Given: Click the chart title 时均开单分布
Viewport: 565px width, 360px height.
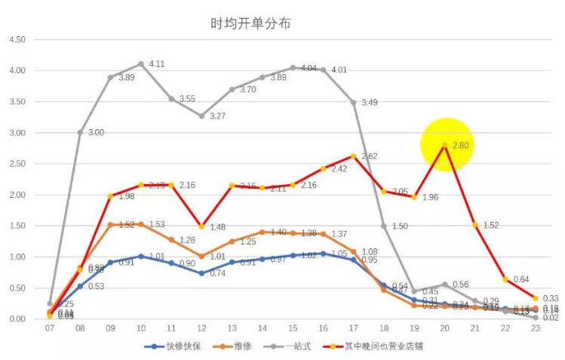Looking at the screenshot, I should point(250,23).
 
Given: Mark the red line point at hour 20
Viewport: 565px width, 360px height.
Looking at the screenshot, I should point(444,146).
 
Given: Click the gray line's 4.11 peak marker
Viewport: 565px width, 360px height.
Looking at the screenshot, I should point(141,64).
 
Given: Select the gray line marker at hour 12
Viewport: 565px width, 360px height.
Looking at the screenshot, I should point(201,116).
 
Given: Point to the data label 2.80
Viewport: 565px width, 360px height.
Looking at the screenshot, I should point(461,146).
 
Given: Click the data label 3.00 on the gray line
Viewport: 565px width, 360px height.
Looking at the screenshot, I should point(96,133).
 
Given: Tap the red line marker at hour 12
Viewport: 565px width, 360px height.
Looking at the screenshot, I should point(201,226).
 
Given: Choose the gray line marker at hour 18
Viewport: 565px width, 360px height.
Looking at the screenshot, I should point(383,226).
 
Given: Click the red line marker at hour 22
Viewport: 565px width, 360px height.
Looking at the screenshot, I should point(505,279).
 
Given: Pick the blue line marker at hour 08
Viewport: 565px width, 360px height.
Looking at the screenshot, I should point(80,286).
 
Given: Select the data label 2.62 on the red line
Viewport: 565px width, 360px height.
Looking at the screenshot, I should point(369,156).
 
